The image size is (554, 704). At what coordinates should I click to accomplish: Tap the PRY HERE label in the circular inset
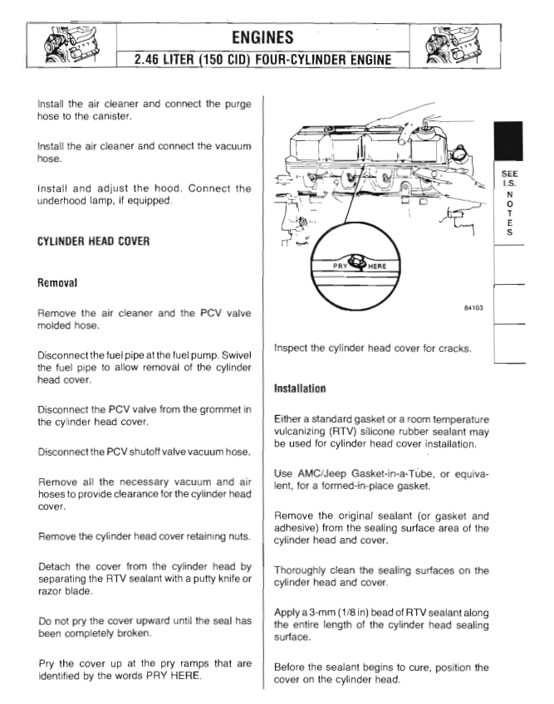(354, 266)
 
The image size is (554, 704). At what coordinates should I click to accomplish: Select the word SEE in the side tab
(509, 175)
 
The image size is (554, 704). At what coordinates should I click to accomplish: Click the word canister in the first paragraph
(111, 115)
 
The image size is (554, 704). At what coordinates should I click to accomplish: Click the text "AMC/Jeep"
(318, 473)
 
